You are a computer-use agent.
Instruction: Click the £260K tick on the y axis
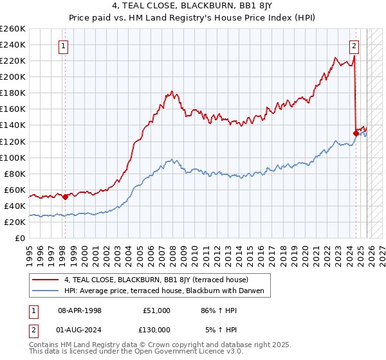[13, 29]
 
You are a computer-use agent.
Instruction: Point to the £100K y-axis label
[13, 157]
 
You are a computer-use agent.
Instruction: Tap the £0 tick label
[20, 238]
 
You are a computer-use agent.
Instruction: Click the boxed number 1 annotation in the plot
[64, 46]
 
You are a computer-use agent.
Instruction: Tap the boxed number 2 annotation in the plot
[354, 46]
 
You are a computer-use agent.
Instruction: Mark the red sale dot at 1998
[65, 197]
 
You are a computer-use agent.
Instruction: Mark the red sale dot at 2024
[356, 134]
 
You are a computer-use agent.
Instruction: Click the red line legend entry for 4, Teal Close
[160, 280]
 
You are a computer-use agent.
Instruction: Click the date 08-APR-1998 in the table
[80, 310]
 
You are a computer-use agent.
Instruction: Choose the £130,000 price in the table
[156, 329]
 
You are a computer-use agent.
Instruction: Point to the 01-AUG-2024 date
[80, 329]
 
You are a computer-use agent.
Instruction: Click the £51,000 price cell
[156, 310]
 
